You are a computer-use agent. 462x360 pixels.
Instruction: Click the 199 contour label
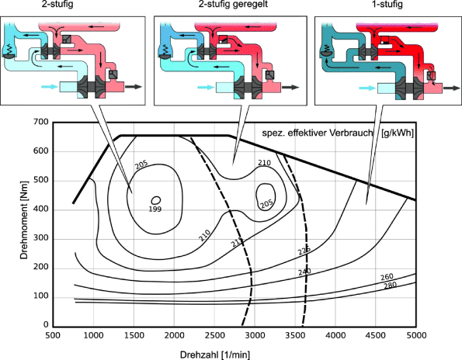[155, 209]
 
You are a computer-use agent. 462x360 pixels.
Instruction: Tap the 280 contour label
[390, 286]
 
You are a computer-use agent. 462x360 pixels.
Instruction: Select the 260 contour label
[387, 277]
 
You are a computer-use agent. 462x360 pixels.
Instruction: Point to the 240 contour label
[304, 272]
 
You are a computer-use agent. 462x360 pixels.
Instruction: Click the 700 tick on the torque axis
[40, 122]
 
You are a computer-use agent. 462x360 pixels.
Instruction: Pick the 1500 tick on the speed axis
[134, 335]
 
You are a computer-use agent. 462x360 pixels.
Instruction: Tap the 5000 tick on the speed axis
[416, 335]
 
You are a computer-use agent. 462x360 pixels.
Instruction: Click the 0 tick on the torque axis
[46, 324]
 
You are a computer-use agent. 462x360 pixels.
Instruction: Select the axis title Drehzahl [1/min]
[215, 355]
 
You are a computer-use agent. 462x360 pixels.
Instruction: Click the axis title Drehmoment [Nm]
[24, 220]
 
